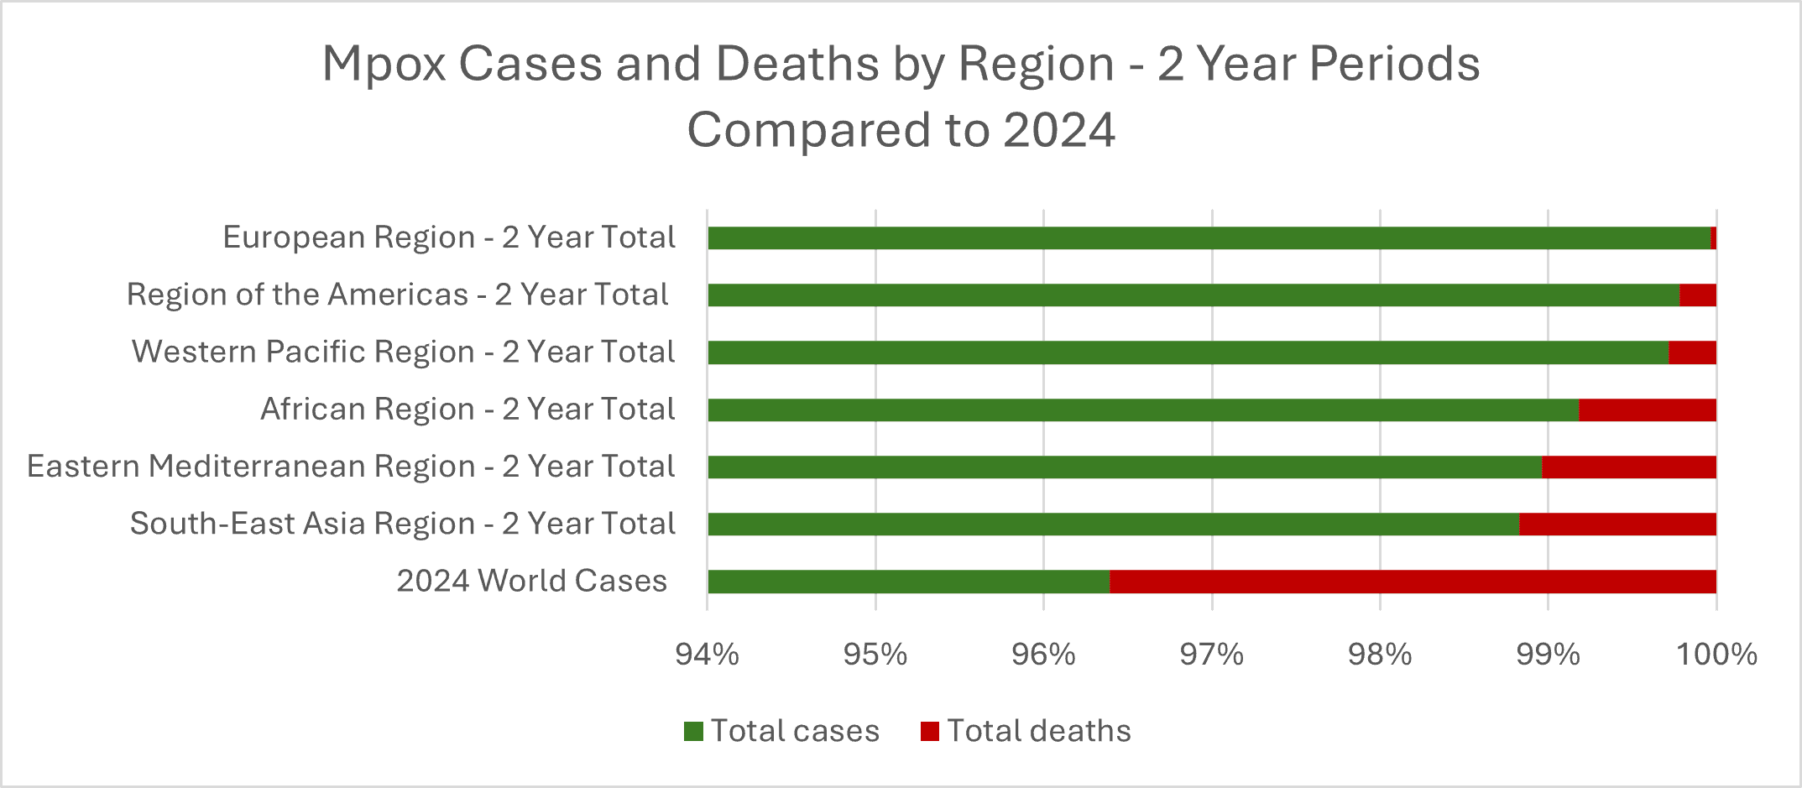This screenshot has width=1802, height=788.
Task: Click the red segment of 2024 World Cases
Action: coord(1413,582)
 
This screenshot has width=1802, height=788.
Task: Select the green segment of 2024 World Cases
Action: coord(908,582)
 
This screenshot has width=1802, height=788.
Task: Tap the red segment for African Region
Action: coord(1648,410)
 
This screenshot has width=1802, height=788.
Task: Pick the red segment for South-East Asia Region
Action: coord(1617,524)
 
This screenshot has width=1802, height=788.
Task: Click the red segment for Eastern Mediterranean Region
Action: coord(1629,467)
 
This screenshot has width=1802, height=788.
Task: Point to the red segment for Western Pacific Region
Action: coord(1692,352)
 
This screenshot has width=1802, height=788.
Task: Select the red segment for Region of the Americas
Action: coord(1698,295)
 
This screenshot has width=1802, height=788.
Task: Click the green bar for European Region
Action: coord(1209,238)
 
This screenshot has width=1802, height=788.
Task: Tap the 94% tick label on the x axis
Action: coord(707,655)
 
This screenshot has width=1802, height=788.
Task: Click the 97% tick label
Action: coord(1211,655)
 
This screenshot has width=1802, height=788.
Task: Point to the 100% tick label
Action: coord(1716,655)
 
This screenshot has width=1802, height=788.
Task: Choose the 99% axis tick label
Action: coord(1548,655)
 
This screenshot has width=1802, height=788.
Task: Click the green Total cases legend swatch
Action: coord(693,732)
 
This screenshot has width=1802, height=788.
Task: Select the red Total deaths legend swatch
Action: coord(930,732)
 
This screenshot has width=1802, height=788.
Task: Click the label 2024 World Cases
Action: coord(531,581)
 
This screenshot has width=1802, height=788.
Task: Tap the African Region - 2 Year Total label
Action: coord(467,410)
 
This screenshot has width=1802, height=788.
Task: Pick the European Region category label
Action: coord(449,237)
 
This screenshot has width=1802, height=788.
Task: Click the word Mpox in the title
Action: coord(384,65)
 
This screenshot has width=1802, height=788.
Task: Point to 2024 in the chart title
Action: coord(1058,131)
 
